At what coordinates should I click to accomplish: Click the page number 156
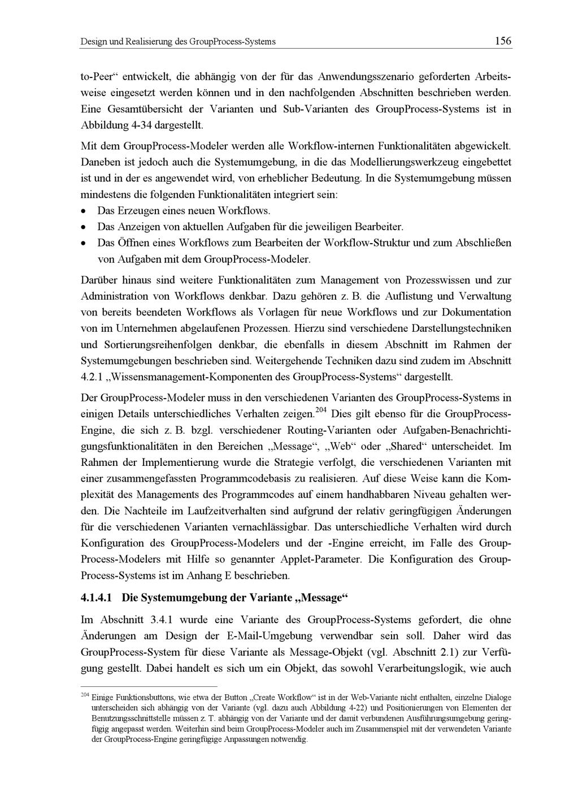pyautogui.click(x=502, y=41)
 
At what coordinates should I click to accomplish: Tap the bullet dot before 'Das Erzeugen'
pyautogui.click(x=84, y=211)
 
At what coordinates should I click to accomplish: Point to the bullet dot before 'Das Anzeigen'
pyautogui.click(x=84, y=227)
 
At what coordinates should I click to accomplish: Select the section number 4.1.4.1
pyautogui.click(x=100, y=598)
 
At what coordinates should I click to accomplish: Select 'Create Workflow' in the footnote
pyautogui.click(x=280, y=697)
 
